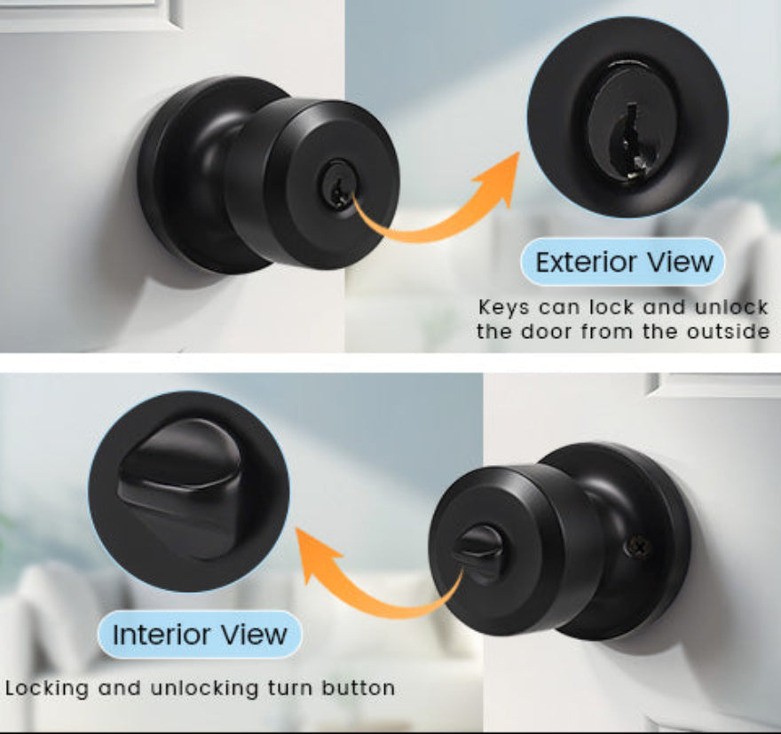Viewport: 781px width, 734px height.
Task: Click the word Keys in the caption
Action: [x=503, y=308]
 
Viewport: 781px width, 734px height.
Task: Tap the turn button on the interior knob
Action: [x=477, y=553]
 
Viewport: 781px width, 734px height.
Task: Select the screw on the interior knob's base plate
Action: [x=639, y=546]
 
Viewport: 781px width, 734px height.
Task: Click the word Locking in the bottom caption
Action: [x=47, y=689]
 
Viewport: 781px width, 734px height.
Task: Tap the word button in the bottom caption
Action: [x=358, y=688]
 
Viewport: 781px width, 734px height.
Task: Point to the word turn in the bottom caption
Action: [x=289, y=688]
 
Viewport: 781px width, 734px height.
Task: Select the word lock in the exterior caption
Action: [x=611, y=307]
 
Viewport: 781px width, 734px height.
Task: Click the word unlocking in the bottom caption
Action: [x=204, y=689]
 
